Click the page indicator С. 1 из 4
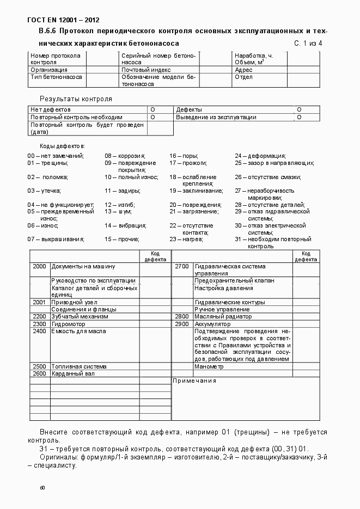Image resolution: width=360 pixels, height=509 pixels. coord(308,43)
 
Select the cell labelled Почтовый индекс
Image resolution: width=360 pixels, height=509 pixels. coord(146,70)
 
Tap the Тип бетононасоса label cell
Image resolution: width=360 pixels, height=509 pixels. coord(57,77)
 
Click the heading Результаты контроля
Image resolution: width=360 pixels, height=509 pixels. coord(76,99)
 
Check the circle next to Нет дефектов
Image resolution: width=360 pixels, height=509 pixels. coord(152,109)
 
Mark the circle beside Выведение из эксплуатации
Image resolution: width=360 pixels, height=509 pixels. coord(299,117)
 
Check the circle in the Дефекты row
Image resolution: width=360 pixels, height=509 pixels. coord(299,109)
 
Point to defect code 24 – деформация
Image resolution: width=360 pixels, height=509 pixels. coord(260,156)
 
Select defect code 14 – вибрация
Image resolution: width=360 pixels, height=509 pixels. coord(125,225)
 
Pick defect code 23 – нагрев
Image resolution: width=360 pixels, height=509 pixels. coord(186,239)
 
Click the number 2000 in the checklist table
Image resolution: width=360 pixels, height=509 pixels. coord(39,267)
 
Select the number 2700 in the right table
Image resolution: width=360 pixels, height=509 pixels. coord(182,267)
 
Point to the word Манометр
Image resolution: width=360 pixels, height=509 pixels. coord(209,366)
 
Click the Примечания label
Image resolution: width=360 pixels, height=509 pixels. coord(194,381)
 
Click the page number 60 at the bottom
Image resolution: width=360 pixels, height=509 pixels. coord(42,488)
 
